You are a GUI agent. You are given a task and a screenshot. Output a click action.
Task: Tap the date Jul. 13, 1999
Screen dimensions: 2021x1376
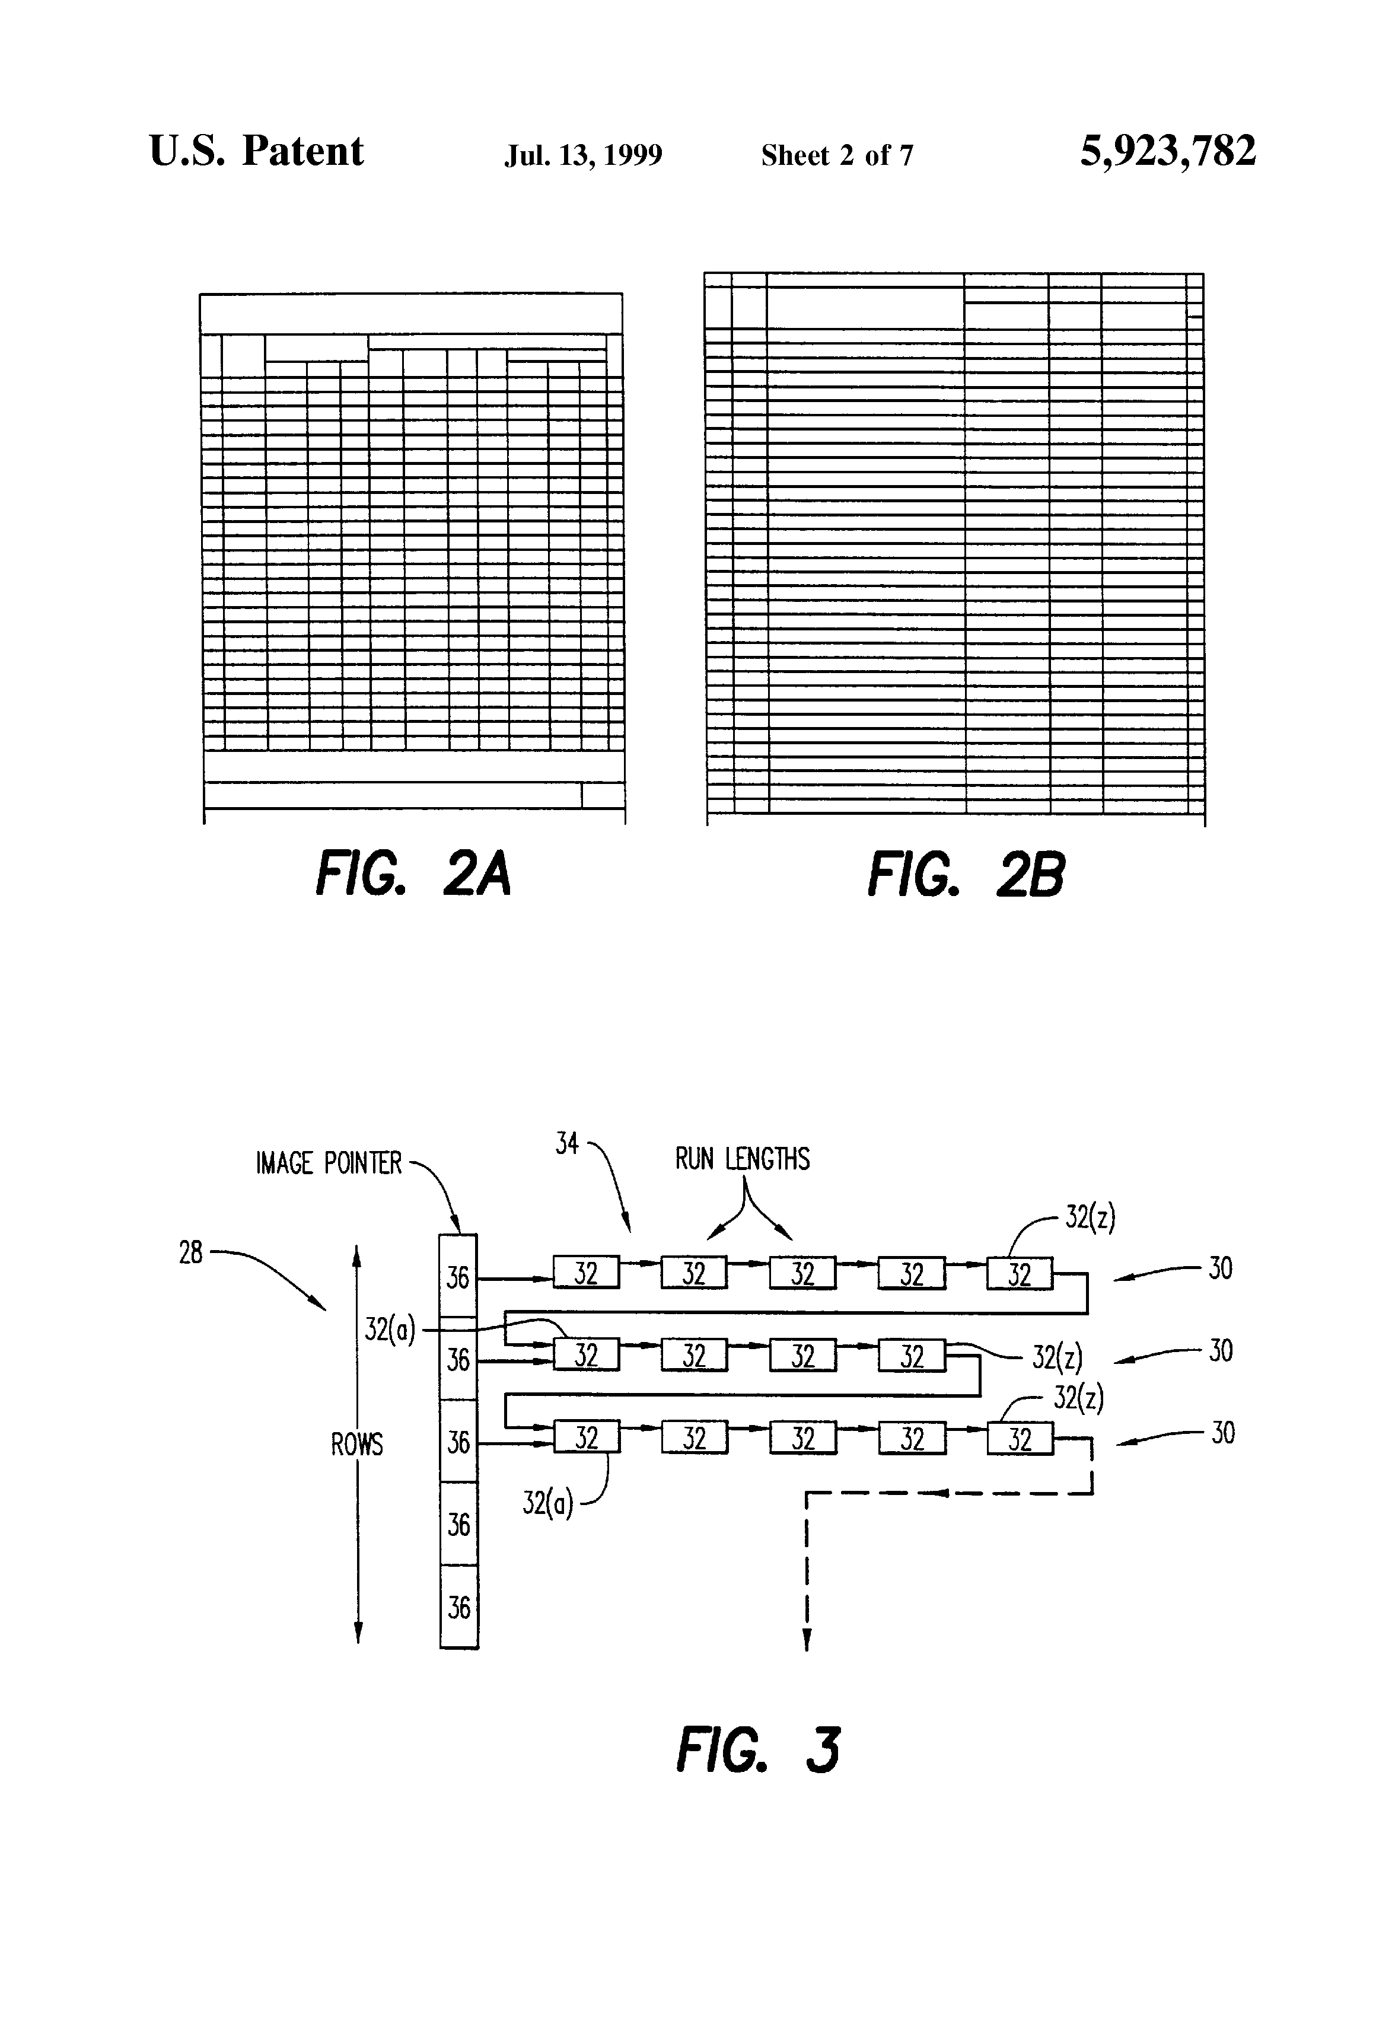(583, 155)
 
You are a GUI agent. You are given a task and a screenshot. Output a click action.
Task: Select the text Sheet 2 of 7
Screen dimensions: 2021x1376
(837, 155)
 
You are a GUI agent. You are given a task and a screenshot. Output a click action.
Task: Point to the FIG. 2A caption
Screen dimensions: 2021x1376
(413, 874)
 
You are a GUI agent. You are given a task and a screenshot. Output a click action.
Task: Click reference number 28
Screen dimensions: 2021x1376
(190, 1253)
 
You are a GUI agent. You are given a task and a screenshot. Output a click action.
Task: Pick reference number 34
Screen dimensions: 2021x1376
(567, 1143)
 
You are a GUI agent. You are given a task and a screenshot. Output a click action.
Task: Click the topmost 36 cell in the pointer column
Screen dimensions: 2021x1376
(458, 1277)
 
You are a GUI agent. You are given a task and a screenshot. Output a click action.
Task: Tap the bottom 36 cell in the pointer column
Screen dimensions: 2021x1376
(458, 1607)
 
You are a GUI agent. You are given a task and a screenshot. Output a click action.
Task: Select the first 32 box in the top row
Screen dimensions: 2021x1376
(586, 1273)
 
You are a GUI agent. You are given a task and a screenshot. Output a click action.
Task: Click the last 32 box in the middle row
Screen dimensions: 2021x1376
(912, 1356)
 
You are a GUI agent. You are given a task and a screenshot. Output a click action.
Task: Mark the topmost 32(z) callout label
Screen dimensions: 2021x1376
(1090, 1218)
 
